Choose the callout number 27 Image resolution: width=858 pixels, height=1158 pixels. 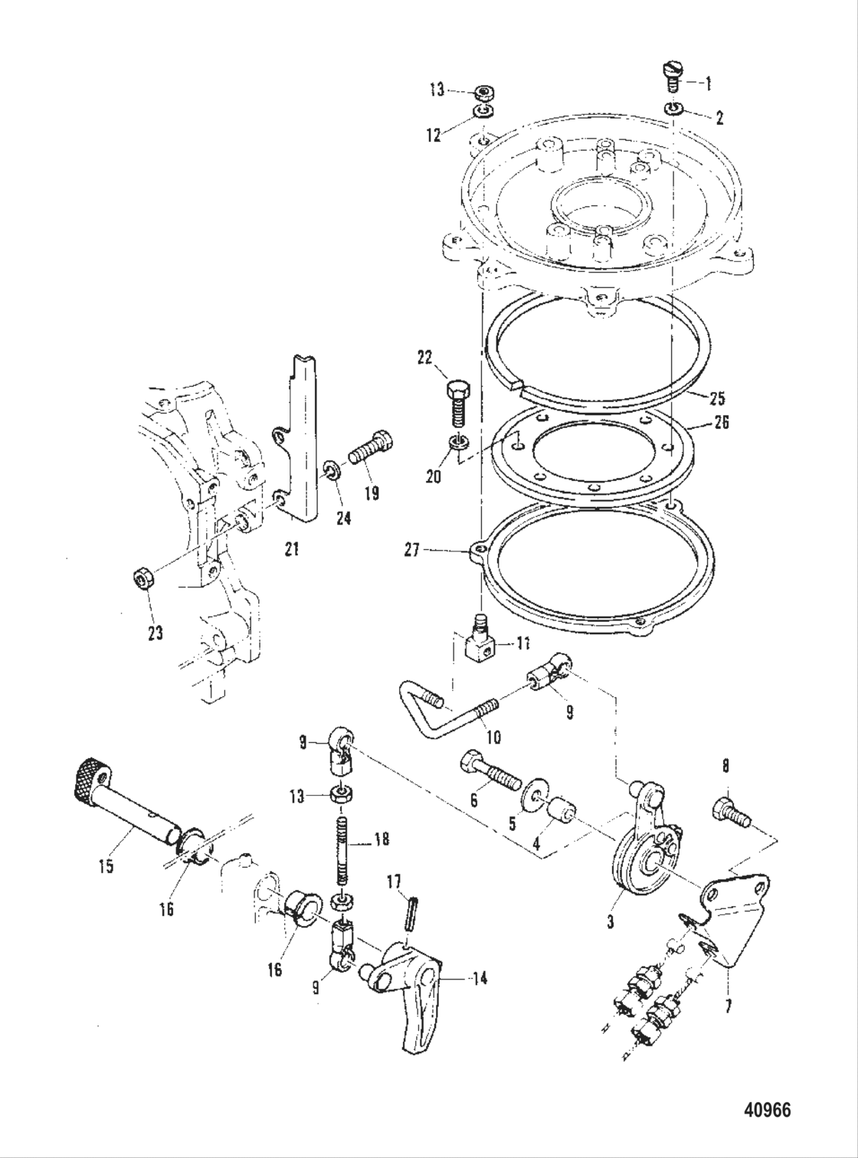[x=411, y=549]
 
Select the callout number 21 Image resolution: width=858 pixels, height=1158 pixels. [x=291, y=549]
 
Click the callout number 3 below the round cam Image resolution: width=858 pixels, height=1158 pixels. [x=611, y=923]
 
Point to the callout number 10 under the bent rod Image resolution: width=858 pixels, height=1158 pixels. [x=493, y=737]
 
